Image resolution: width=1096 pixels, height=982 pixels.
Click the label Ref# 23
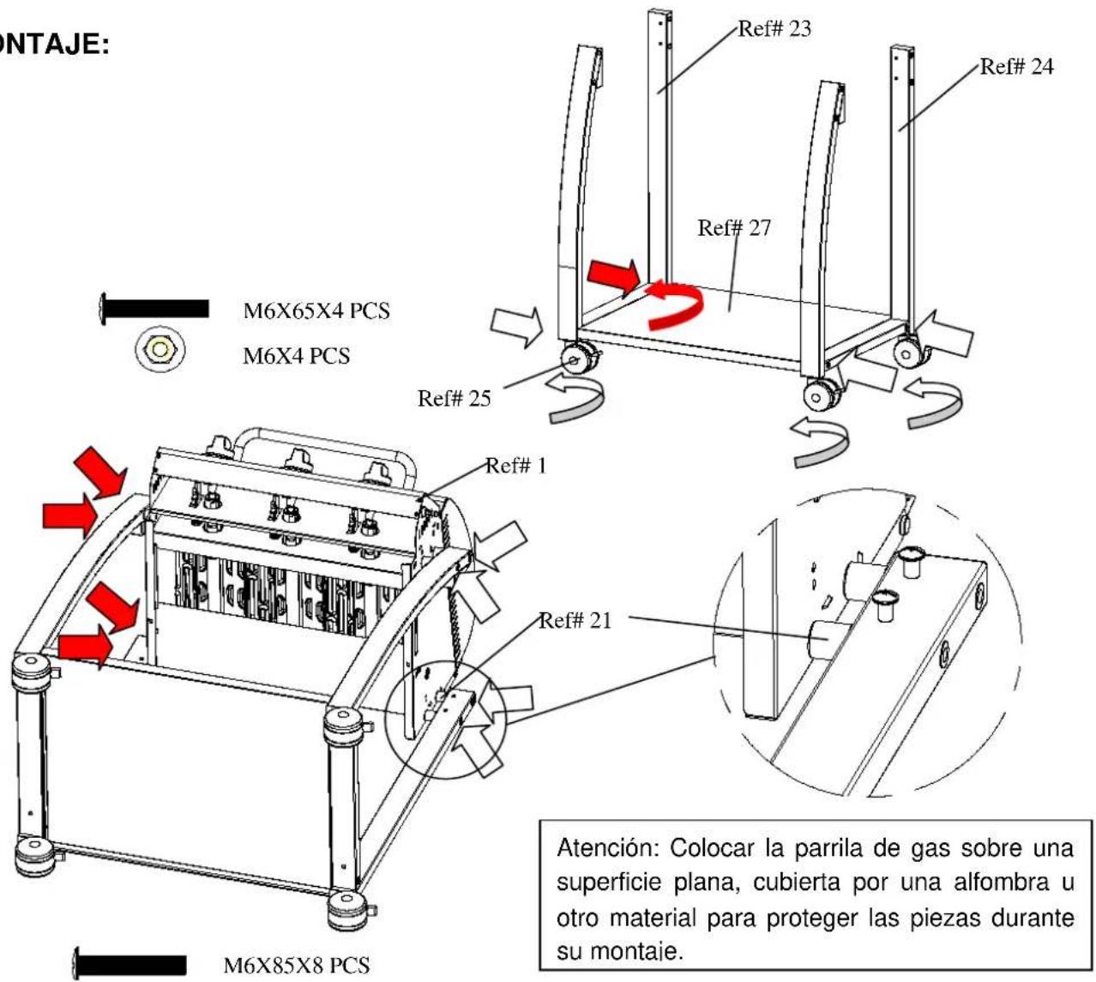point(774,28)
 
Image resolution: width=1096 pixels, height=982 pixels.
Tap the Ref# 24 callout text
point(1016,67)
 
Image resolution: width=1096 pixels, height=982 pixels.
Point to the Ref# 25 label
point(454,399)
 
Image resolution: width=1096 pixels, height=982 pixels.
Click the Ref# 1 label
point(515,466)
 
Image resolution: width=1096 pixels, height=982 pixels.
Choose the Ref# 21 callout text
point(575,621)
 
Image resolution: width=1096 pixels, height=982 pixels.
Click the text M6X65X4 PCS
point(316,311)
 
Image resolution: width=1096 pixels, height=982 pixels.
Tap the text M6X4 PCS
point(296,356)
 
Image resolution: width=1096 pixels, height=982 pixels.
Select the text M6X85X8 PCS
point(297,965)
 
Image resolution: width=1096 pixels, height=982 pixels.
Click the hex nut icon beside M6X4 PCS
point(160,349)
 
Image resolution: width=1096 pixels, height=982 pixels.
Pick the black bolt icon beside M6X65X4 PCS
point(154,309)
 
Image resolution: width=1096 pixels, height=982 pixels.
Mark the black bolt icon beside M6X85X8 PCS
point(129,964)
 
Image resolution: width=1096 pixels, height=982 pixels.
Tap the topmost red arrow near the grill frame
point(99,472)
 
